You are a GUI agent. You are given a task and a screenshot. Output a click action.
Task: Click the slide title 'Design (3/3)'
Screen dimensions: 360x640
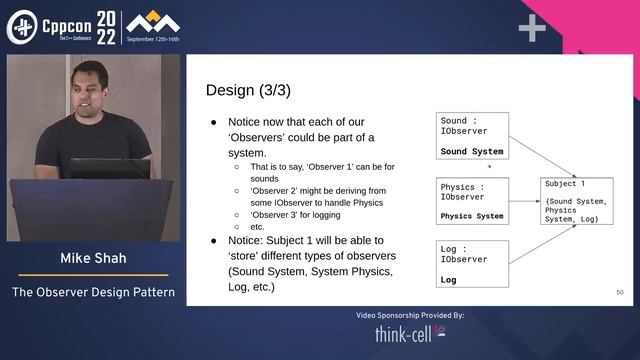click(248, 90)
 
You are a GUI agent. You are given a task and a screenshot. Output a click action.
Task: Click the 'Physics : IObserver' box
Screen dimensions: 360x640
click(473, 201)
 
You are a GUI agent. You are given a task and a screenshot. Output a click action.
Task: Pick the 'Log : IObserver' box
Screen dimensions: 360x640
click(473, 265)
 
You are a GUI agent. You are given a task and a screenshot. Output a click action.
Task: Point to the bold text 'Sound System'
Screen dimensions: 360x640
click(472, 152)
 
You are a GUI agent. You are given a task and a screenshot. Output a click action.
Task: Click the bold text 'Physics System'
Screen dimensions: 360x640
click(472, 216)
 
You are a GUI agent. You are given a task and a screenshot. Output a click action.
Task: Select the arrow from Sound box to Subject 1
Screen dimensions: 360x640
click(541, 158)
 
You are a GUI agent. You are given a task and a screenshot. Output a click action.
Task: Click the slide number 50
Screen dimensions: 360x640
click(620, 292)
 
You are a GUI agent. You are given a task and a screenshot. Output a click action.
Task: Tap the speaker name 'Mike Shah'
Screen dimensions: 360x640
click(93, 258)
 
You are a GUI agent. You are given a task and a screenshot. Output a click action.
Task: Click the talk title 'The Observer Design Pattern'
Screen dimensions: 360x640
click(93, 293)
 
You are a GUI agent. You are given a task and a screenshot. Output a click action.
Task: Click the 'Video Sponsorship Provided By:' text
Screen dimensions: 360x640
click(409, 315)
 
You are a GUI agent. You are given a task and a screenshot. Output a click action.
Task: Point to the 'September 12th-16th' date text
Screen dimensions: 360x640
click(160, 40)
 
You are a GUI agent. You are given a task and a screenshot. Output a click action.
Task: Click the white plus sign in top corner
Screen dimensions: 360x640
click(531, 29)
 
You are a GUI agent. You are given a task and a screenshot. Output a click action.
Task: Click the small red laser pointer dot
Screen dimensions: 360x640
click(489, 168)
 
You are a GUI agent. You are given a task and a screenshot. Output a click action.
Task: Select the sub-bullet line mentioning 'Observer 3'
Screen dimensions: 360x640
click(285, 214)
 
